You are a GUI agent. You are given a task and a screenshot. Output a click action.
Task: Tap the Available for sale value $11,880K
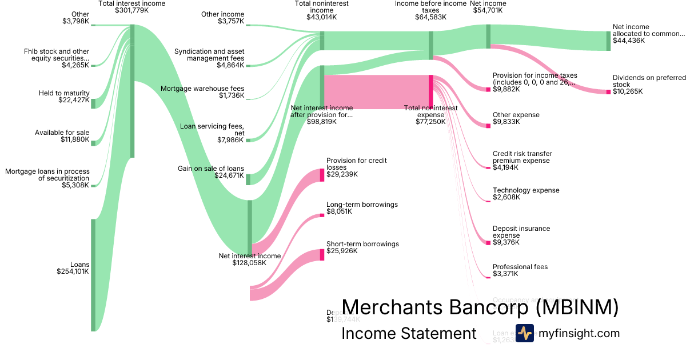[75, 140]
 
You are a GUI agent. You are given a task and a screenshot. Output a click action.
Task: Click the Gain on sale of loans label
[211, 169]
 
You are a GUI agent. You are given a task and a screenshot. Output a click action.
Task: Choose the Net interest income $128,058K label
[250, 259]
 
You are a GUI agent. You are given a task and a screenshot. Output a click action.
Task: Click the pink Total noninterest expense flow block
[377, 91]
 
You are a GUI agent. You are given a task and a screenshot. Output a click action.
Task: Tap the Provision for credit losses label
[356, 164]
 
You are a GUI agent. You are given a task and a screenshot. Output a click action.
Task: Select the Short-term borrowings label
[362, 244]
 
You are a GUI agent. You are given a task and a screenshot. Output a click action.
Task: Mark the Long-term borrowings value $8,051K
[339, 211]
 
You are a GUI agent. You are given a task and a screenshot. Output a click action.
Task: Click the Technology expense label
[526, 190]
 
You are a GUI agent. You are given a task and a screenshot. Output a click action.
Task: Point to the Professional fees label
[520, 267]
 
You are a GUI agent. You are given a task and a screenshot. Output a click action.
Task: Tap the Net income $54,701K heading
[488, 7]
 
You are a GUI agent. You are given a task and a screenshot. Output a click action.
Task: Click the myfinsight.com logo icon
[524, 333]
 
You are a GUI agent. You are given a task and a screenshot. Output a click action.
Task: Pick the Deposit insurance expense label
[521, 232]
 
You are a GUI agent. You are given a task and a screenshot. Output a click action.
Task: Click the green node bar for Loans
[93, 274]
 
